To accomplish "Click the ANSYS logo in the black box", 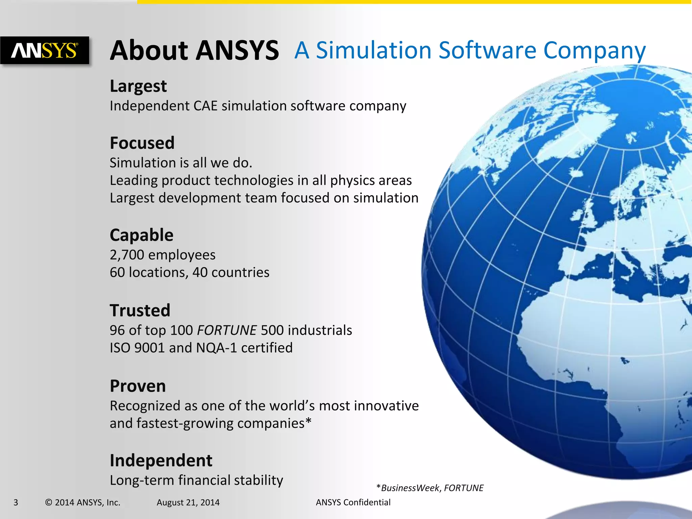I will click(x=45, y=51).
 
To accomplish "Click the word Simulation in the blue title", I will click(x=373, y=50).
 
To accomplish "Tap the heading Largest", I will click(x=138, y=86).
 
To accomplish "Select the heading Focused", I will click(x=142, y=143).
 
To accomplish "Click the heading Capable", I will click(x=141, y=235).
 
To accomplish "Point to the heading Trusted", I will click(x=140, y=311).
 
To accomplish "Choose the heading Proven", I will click(x=138, y=386).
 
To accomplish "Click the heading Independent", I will click(x=161, y=461).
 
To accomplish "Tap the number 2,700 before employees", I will click(x=127, y=255).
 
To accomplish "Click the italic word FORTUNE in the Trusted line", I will click(x=227, y=330).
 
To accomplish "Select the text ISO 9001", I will click(x=137, y=348).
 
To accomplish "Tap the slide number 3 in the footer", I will click(x=16, y=502).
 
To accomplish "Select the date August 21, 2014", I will click(x=188, y=502).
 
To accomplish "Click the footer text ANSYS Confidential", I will click(x=353, y=502).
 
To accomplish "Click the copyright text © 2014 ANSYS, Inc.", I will click(x=83, y=502).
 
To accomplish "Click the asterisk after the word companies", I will click(x=308, y=422).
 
